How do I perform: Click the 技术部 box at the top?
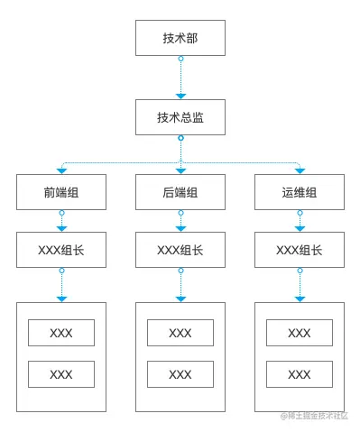(x=180, y=38)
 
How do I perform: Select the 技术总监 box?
(x=180, y=117)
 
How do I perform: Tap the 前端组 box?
(x=61, y=192)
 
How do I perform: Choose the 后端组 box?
(x=180, y=192)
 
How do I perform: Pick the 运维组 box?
(x=299, y=192)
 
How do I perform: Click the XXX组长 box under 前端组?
(x=61, y=250)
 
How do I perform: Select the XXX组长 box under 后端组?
(x=180, y=250)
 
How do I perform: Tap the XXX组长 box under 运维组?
(x=299, y=250)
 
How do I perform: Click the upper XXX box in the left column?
(x=61, y=333)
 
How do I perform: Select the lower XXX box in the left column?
(x=61, y=374)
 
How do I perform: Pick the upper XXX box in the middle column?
(x=180, y=333)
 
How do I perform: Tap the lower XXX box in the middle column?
(x=180, y=374)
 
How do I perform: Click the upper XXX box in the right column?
(x=299, y=333)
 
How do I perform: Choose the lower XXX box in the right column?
(x=299, y=374)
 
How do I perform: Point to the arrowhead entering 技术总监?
(x=180, y=96)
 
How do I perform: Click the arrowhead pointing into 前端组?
(x=61, y=170)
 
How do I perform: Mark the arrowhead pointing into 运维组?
(x=299, y=170)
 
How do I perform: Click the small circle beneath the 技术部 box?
(x=180, y=59)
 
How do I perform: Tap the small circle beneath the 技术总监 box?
(x=180, y=138)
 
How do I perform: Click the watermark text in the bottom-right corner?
(x=315, y=416)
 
